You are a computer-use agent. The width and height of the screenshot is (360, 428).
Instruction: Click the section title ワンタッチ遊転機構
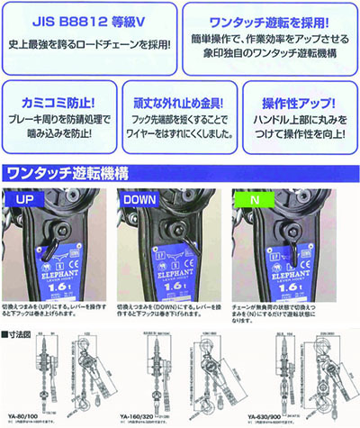[68, 172]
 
